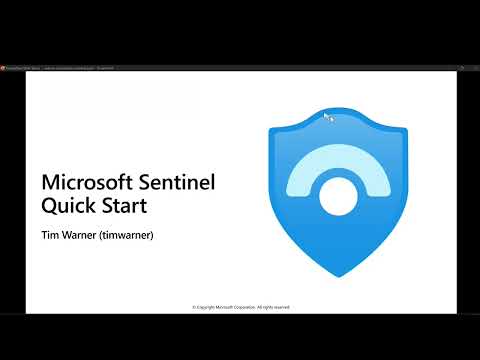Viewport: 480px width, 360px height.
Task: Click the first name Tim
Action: tap(49, 236)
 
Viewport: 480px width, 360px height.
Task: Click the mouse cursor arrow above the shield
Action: tap(326, 116)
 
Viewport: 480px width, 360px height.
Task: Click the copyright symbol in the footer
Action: tap(193, 307)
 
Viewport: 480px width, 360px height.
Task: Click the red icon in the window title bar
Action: tap(4, 68)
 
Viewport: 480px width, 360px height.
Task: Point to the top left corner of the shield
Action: tap(273, 131)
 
